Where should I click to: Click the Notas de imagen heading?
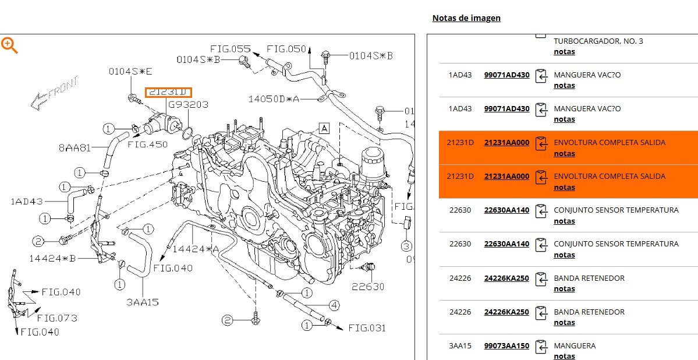click(x=466, y=18)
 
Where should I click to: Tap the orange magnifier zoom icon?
click(x=9, y=45)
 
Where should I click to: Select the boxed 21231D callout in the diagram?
click(x=168, y=93)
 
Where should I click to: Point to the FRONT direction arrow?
click(x=55, y=93)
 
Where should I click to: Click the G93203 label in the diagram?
click(x=188, y=105)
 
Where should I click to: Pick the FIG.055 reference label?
click(x=230, y=49)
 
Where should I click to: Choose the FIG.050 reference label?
click(x=286, y=49)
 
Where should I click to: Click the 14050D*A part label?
click(x=274, y=99)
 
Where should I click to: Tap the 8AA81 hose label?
click(x=75, y=148)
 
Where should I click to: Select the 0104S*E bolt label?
click(x=130, y=72)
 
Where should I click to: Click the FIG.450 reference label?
click(x=147, y=144)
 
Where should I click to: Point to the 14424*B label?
click(x=52, y=258)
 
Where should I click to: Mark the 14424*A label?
click(x=196, y=249)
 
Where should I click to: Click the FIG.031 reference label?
click(x=367, y=328)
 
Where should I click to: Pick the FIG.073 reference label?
click(x=56, y=318)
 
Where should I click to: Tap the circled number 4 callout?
click(x=334, y=305)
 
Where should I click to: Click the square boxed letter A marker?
click(x=324, y=128)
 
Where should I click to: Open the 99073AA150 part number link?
click(x=506, y=346)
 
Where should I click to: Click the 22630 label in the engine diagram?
click(x=368, y=287)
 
